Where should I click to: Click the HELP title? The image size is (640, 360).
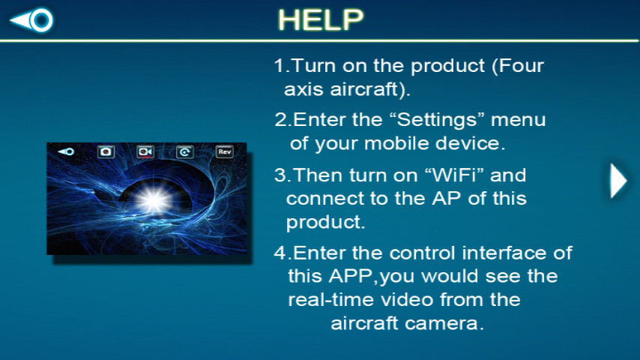[x=321, y=19]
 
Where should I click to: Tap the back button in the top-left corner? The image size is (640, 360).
[x=31, y=19]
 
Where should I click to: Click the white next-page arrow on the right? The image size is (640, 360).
[x=618, y=181]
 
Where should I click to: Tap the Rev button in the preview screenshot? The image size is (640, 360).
[x=225, y=151]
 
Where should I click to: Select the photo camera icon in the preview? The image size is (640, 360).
[x=106, y=151]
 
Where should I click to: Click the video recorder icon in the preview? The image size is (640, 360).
[x=145, y=151]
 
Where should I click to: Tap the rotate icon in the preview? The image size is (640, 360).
[x=185, y=152]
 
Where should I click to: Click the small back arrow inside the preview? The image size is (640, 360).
[x=66, y=151]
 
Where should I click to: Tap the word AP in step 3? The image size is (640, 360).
[x=447, y=199]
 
